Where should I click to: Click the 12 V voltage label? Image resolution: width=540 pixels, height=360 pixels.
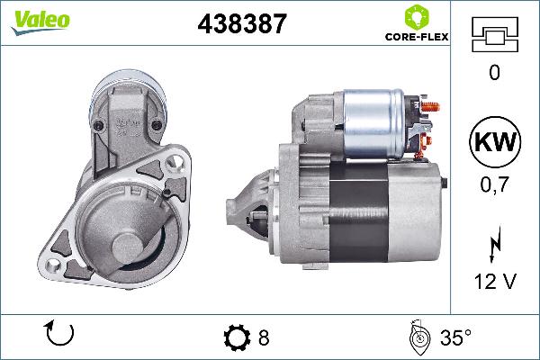pos(493,283)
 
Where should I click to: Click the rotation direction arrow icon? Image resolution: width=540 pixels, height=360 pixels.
pos(58,336)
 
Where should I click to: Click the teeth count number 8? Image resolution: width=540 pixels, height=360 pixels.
pos(264,338)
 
